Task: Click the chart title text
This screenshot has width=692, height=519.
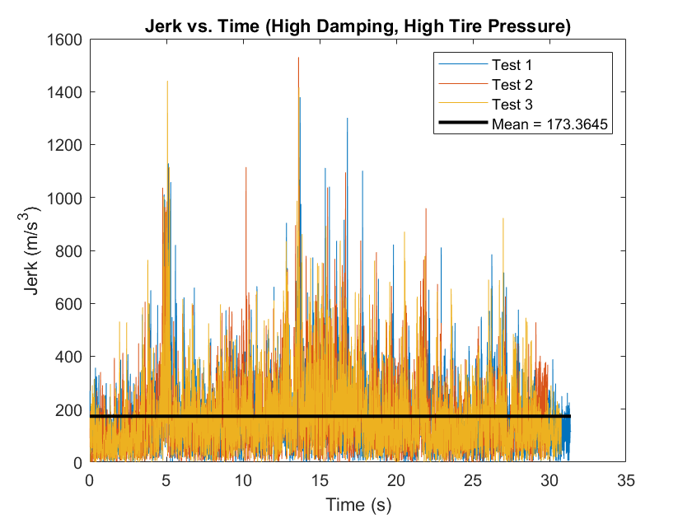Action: [x=358, y=26]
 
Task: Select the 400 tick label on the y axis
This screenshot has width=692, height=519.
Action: [x=70, y=357]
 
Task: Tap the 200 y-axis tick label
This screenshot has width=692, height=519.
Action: [x=70, y=409]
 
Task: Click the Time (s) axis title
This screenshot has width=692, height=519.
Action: [x=358, y=503]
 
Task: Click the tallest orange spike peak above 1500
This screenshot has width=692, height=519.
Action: [x=298, y=58]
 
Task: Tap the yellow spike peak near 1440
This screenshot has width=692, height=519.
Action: [x=167, y=82]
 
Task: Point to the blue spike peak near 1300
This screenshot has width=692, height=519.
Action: [x=347, y=119]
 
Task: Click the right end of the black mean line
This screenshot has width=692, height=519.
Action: [x=569, y=416]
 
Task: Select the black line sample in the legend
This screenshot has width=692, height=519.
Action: [x=463, y=125]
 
